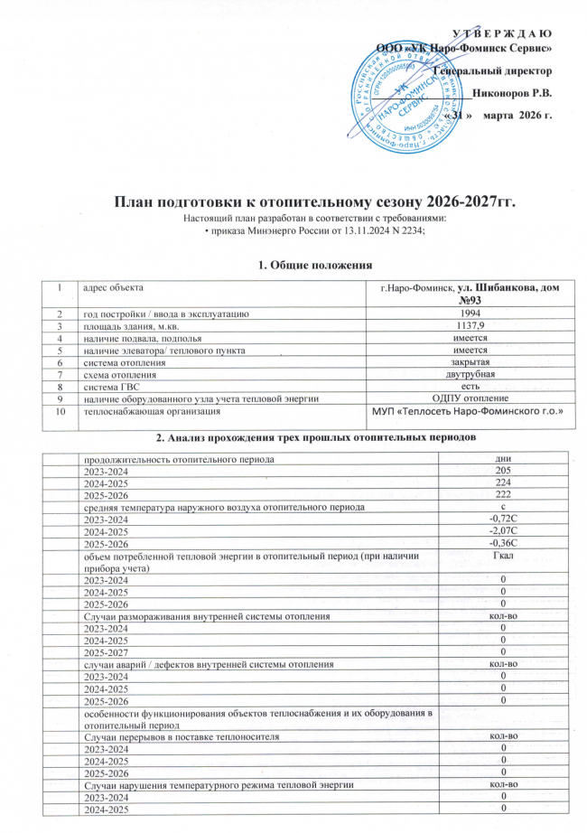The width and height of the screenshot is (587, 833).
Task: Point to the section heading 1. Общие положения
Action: point(293,264)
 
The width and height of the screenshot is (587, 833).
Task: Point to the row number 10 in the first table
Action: point(60,412)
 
